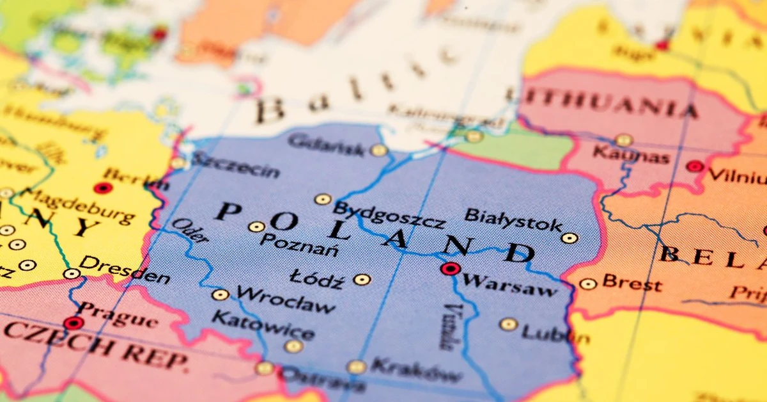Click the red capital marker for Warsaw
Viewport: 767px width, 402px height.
[450, 269]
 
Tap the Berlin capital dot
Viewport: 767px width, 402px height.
[102, 188]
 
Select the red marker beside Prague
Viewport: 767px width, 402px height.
[73, 323]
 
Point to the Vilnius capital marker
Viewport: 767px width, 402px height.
[695, 166]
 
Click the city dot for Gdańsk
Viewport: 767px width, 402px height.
[379, 150]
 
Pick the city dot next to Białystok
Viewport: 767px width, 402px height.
[569, 238]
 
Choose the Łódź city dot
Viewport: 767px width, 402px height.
[362, 280]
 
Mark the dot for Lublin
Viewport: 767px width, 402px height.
[508, 325]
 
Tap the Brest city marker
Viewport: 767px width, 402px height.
[588, 284]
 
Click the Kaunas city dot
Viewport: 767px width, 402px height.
[623, 140]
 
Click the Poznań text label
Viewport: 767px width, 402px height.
[300, 245]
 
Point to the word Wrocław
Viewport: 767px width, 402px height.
[285, 300]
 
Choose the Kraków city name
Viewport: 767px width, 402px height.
[415, 370]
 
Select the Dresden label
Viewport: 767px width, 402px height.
[125, 270]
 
